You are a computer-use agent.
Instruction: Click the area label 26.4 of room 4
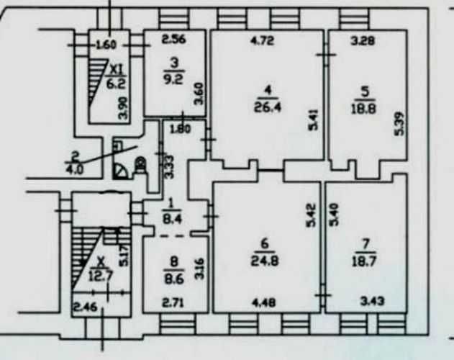(x=268, y=107)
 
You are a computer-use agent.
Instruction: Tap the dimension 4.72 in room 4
(x=262, y=40)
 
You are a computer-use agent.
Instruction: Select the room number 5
(x=365, y=92)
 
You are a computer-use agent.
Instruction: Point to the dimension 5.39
(x=399, y=123)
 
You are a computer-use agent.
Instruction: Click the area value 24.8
(x=265, y=261)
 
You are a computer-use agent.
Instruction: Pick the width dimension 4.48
(x=263, y=302)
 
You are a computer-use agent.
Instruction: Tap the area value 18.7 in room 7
(x=364, y=262)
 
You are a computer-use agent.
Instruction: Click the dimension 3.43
(x=373, y=301)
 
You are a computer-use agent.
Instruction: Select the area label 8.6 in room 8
(x=173, y=280)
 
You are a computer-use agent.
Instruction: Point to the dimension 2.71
(x=172, y=303)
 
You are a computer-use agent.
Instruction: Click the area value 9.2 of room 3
(x=174, y=79)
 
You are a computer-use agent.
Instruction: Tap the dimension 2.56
(x=173, y=40)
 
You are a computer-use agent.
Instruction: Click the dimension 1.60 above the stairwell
(x=106, y=45)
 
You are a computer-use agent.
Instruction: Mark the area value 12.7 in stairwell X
(x=98, y=276)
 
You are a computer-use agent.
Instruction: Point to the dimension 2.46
(x=86, y=307)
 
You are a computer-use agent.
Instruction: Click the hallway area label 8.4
(x=172, y=218)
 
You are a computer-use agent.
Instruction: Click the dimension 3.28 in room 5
(x=363, y=40)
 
